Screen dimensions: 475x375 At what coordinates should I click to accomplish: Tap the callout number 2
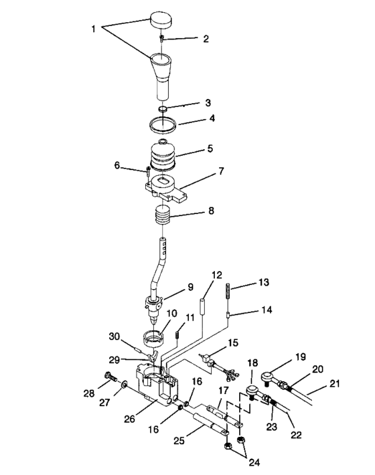point(206,39)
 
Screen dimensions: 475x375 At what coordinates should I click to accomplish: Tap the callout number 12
point(216,274)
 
